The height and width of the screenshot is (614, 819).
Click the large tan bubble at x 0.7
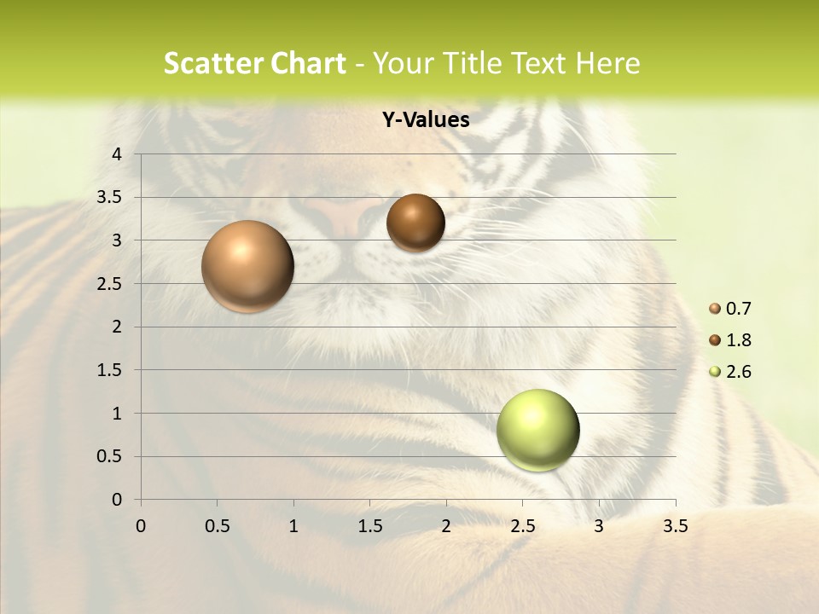tap(248, 266)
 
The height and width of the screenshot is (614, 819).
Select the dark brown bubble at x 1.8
tap(415, 223)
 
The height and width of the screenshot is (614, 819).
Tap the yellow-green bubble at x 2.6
tap(537, 430)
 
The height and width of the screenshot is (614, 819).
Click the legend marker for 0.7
tap(715, 309)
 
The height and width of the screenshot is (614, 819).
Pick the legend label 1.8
tap(739, 340)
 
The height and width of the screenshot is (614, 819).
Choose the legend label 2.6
tap(739, 372)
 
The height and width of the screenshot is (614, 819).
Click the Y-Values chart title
tap(426, 120)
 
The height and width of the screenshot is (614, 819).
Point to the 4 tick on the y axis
tap(117, 154)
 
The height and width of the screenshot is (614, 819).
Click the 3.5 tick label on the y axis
tap(109, 198)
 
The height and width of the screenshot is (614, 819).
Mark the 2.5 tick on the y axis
tap(109, 284)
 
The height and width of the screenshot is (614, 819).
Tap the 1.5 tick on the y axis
tap(109, 370)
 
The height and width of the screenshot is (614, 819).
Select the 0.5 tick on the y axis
tap(109, 457)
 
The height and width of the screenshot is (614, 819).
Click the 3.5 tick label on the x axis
tap(675, 526)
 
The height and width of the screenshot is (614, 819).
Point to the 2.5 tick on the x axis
tap(522, 526)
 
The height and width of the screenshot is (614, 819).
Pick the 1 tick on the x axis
tap(293, 526)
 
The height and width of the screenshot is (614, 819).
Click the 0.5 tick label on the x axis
tap(217, 526)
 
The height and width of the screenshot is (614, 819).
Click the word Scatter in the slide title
tap(211, 64)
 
